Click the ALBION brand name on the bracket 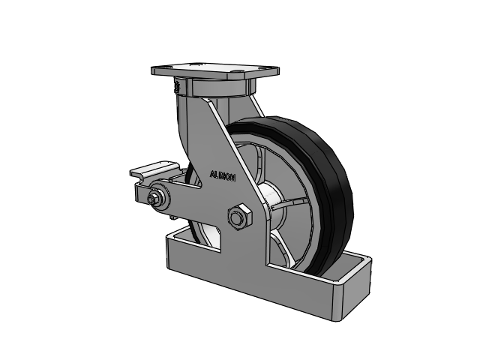[223, 175]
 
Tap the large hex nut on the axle [239, 217]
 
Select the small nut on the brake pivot [152, 199]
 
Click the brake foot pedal [154, 169]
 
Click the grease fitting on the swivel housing [177, 87]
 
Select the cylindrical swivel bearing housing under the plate [218, 87]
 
